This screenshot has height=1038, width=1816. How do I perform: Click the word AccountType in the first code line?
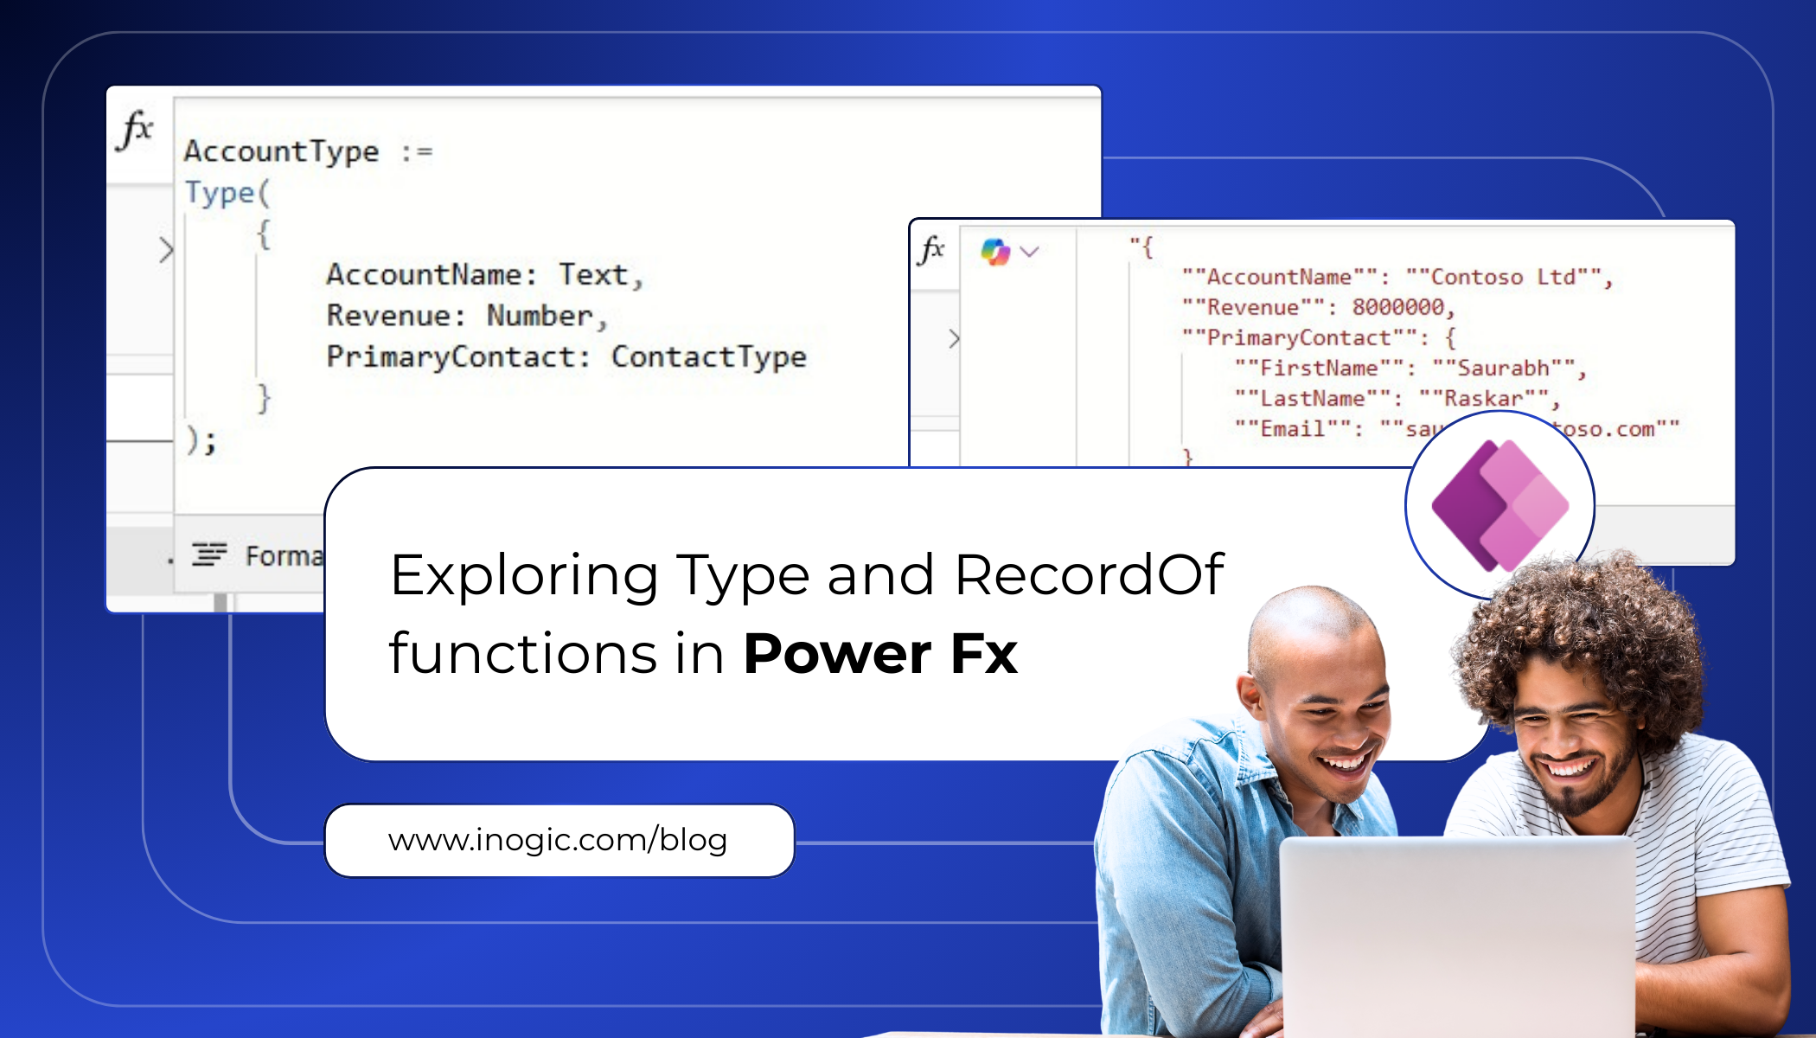tap(281, 151)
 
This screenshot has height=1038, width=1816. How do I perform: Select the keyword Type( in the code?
tap(227, 192)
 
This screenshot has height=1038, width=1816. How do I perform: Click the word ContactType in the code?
tap(708, 356)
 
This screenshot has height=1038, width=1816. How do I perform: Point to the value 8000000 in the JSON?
tap(1397, 307)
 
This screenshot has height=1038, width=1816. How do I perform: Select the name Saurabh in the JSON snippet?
tap(1503, 368)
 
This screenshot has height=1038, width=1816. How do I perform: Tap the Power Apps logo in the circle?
tap(1500, 506)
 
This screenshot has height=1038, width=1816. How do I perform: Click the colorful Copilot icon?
tap(995, 252)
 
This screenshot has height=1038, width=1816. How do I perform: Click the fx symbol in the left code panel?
tap(137, 131)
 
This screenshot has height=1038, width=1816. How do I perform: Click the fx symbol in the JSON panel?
tap(931, 250)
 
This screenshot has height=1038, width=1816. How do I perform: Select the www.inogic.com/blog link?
tap(558, 840)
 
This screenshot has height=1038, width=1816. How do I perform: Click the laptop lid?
tap(1457, 934)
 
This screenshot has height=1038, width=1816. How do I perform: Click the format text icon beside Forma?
tap(209, 554)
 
